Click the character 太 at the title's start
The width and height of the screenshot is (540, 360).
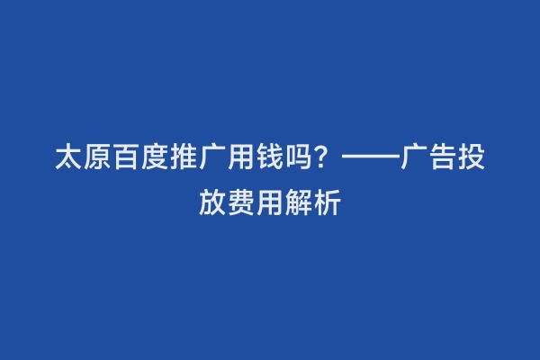69,161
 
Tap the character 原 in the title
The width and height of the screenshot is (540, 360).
98,161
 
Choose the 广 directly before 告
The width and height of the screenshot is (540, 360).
415,161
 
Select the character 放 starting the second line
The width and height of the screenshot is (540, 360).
213,202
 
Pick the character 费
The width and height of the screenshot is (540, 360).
242,202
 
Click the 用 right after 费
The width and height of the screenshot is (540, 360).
271,202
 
